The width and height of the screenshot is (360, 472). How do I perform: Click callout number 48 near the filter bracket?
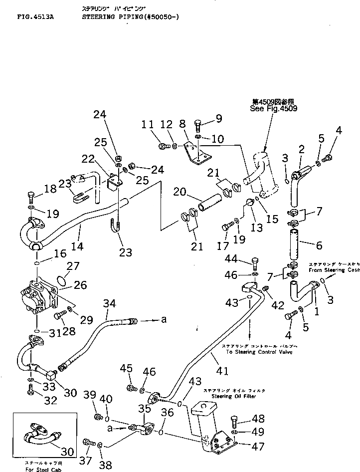coord(258,418)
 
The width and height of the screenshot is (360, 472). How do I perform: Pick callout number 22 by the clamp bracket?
coord(88,158)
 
